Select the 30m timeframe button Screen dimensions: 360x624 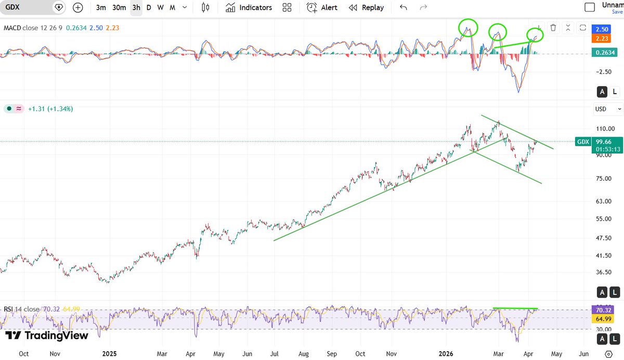pos(119,7)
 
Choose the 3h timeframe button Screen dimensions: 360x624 pos(136,7)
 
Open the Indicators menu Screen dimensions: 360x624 pos(249,7)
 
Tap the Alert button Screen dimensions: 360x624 pos(322,7)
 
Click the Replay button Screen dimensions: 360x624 pos(366,7)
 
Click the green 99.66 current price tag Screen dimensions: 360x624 pos(604,142)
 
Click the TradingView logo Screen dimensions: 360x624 pos(47,336)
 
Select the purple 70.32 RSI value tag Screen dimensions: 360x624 pos(604,310)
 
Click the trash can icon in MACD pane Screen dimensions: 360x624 pos(553,28)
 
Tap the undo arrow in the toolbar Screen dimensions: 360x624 pos(403,7)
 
